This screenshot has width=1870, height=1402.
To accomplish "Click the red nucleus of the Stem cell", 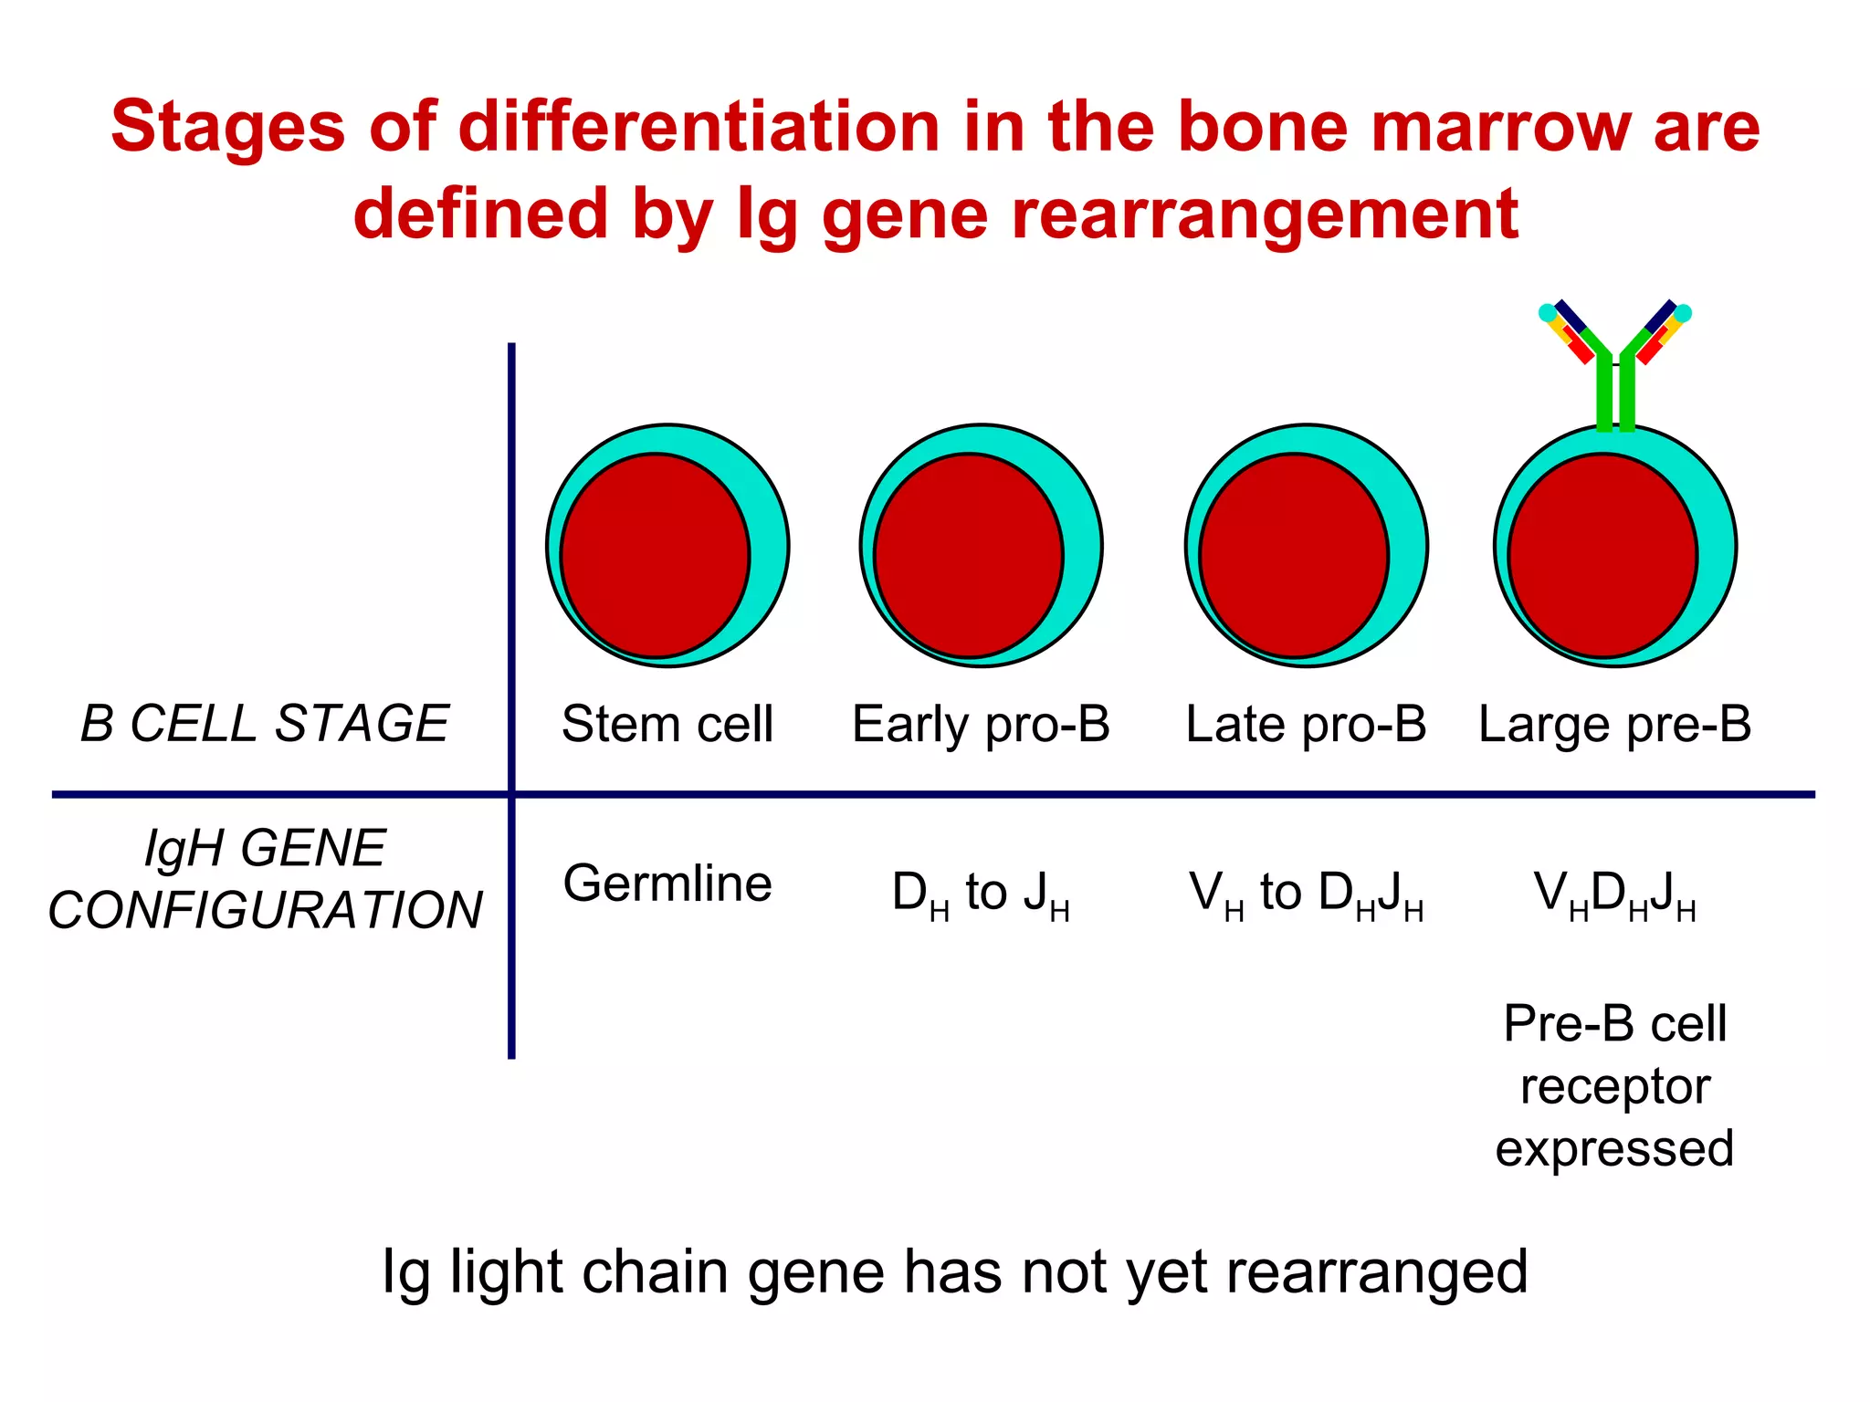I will pos(655,555).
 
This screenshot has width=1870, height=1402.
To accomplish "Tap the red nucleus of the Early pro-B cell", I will pos(968,555).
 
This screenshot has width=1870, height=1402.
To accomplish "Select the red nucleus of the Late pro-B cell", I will pos(1294,555).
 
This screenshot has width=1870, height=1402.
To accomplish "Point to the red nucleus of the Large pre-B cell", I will pos(1602,555).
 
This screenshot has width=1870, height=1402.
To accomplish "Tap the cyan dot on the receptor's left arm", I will pos(1547,313).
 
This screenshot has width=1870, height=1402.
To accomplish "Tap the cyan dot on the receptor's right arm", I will pos(1683,313).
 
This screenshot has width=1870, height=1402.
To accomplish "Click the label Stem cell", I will pos(667,724).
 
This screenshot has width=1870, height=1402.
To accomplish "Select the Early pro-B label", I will pos(981,726).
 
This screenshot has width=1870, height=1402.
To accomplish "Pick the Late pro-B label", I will pos(1306,726).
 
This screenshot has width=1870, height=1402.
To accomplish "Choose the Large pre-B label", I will pos(1614,726).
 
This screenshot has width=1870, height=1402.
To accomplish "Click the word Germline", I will pos(667,884).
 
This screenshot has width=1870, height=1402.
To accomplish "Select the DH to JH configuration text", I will pos(981,895).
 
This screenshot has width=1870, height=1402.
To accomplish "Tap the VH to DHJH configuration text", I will pos(1306,895).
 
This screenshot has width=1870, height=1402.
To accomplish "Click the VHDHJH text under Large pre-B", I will pos(1614,895).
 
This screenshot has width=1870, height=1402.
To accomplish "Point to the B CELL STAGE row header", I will pos(265,724).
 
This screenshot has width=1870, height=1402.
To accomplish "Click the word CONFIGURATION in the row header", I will pos(265,910).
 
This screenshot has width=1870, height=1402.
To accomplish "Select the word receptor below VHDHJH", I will pos(1614,1087).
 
